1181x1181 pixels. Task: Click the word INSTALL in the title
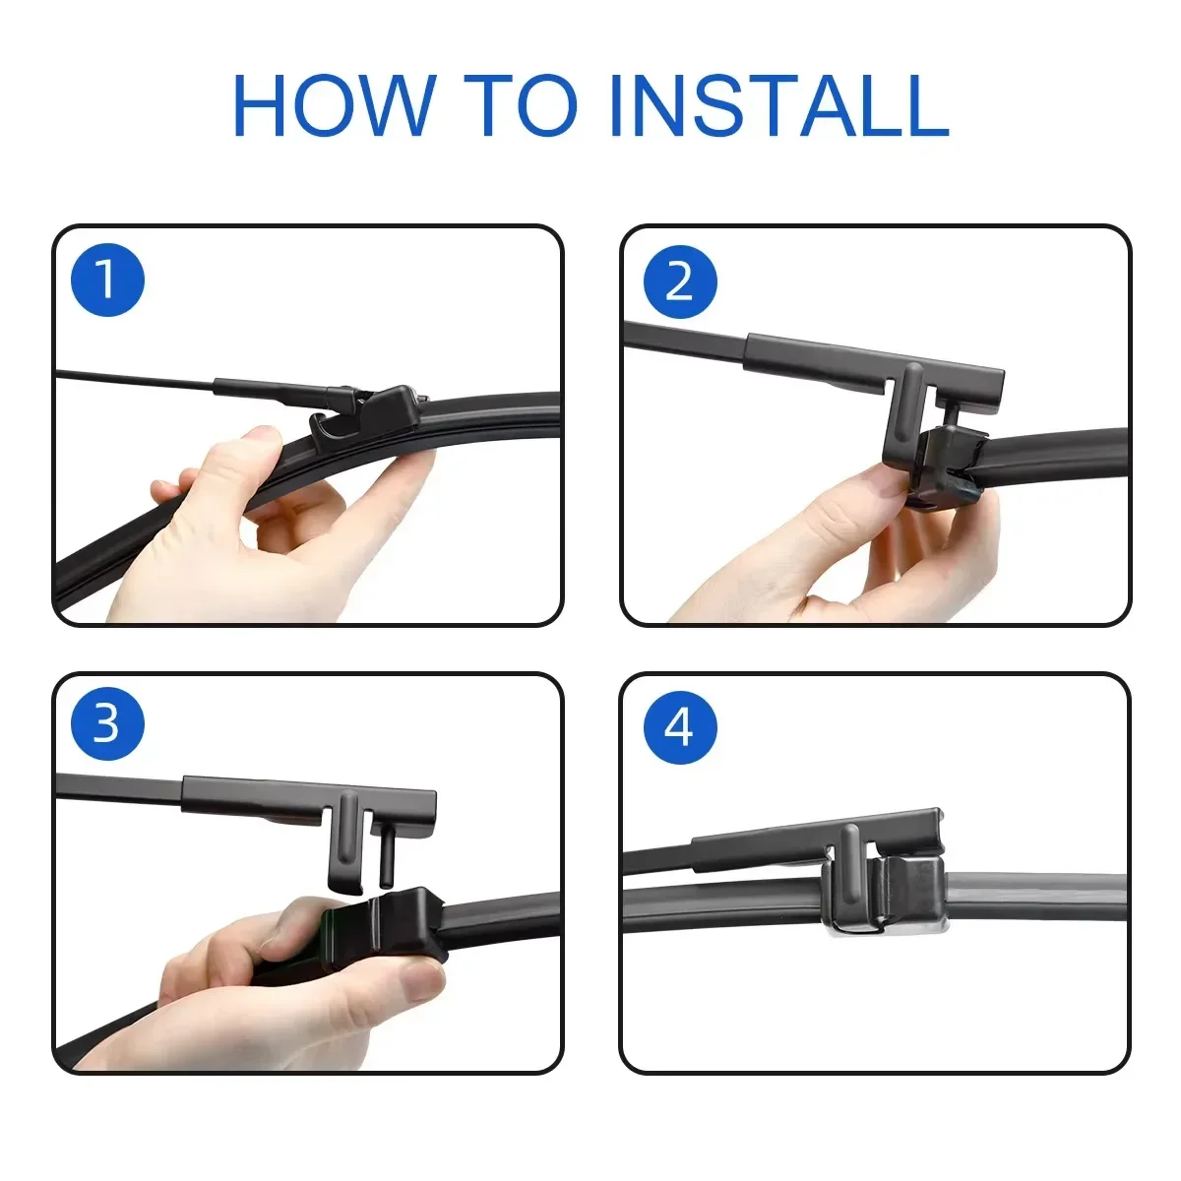coord(777,105)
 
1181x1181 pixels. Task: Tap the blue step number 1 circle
coord(108,280)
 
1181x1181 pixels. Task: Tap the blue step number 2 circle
coord(679,282)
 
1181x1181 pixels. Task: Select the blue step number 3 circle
coord(107,725)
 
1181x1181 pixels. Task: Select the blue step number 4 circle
coord(679,727)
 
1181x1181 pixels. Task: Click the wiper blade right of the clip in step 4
coord(1043,901)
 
